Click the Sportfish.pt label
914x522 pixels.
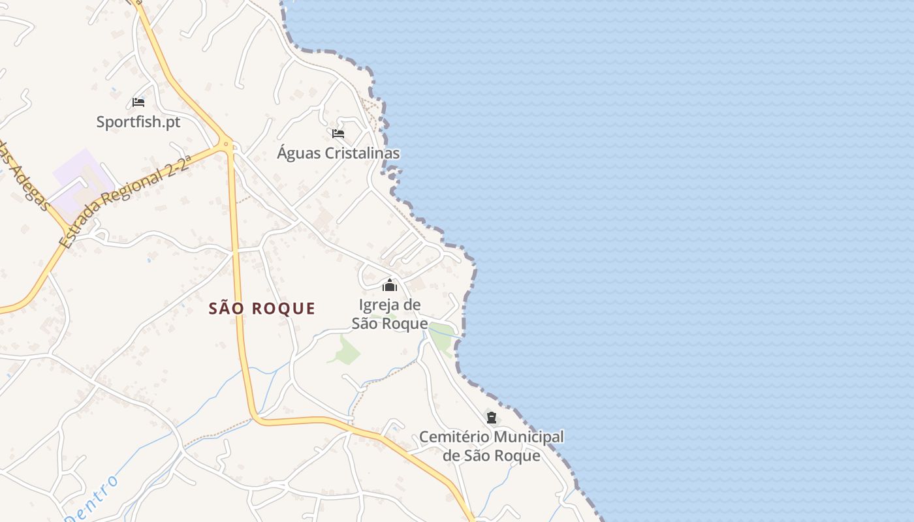(x=138, y=122)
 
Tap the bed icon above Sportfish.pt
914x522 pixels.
(x=138, y=102)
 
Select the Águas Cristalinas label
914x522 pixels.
(x=338, y=153)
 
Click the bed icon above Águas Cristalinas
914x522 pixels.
(x=338, y=134)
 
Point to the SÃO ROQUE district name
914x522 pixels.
(x=262, y=309)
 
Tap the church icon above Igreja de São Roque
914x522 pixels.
(x=390, y=285)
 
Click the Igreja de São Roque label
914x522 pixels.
(x=390, y=314)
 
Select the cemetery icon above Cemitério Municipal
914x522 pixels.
(x=492, y=418)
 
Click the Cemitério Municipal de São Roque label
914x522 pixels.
(x=492, y=446)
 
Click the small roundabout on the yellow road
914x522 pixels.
(x=227, y=144)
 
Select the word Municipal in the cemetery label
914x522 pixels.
(x=529, y=437)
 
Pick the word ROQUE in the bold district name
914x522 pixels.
(x=285, y=309)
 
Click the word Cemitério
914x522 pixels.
(x=454, y=437)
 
